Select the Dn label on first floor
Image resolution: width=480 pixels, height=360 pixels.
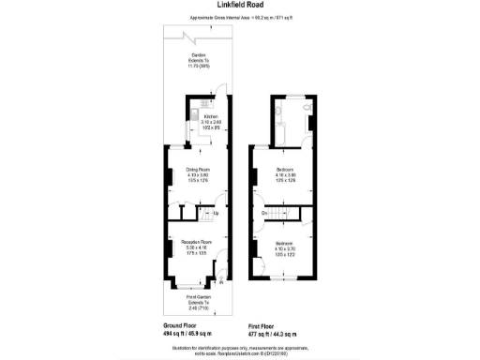tap(265, 215)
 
